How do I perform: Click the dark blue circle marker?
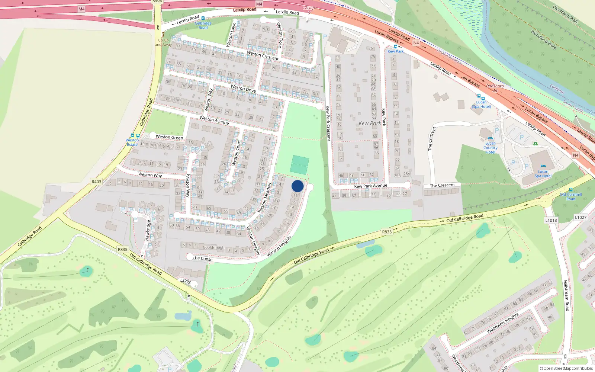297,186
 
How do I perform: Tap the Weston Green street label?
169,137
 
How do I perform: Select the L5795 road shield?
186,282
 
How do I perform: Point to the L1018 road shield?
551,220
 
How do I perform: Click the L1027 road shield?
580,218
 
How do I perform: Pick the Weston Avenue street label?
214,120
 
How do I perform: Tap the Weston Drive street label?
243,88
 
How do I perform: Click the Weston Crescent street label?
263,56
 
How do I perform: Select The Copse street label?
203,259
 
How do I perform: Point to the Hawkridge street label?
148,230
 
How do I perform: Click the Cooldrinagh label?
213,247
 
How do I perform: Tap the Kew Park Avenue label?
371,186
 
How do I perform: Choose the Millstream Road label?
566,296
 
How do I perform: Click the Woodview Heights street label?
502,323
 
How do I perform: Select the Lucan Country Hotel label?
490,148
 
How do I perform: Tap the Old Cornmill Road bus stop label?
571,196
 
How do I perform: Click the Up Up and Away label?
163,42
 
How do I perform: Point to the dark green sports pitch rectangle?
300,165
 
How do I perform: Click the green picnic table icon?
535,144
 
